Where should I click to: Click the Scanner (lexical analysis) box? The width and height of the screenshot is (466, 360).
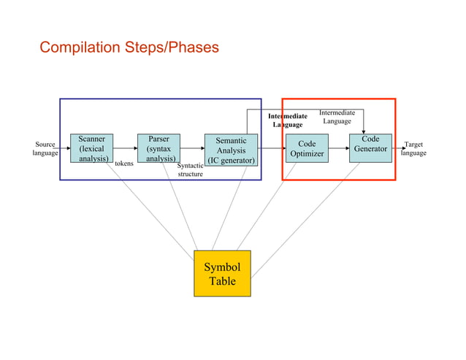click(91, 148)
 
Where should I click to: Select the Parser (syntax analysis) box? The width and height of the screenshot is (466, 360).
click(158, 148)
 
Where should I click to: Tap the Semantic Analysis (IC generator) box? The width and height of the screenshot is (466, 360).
click(231, 150)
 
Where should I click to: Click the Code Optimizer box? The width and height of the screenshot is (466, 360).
click(307, 149)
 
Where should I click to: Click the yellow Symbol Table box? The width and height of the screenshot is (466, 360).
click(222, 273)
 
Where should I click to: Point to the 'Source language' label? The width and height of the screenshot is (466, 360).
click(45, 149)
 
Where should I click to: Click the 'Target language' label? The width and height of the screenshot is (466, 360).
click(413, 149)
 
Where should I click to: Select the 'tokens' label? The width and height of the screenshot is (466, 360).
click(124, 164)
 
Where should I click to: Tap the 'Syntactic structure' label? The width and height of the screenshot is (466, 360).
click(191, 170)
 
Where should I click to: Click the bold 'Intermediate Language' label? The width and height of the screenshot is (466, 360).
click(287, 120)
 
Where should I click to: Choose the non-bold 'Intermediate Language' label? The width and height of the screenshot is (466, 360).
click(337, 117)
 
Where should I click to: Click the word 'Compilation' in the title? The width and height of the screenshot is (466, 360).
click(83, 48)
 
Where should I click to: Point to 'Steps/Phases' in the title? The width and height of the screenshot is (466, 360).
click(174, 48)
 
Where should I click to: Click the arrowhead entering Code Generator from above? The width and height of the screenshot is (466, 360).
click(364, 131)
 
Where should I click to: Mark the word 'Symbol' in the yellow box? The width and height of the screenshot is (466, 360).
click(222, 267)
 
